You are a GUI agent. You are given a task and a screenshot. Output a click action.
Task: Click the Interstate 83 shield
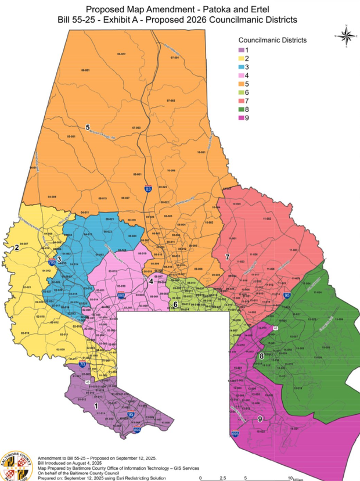149,189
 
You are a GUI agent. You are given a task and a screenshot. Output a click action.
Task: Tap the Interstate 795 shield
53,263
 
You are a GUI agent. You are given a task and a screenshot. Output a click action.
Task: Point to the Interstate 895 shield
137,430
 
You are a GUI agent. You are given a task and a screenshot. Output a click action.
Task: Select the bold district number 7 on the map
228,256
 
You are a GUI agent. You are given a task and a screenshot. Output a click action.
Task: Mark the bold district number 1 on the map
95,406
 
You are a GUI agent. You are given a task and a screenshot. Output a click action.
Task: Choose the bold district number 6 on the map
175,304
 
